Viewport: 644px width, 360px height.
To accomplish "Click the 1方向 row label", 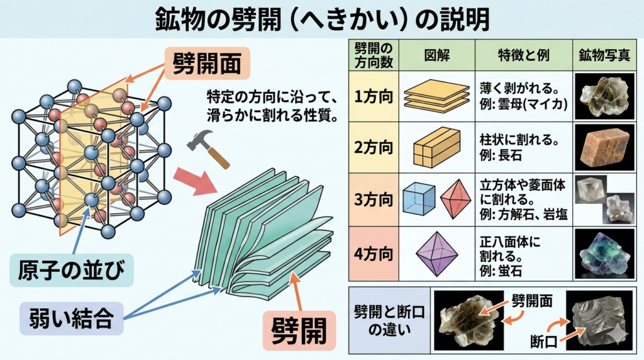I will coord(373,97).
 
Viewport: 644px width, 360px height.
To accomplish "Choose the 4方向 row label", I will coord(373,254).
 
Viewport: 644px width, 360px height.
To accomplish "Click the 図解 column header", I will coord(435,55).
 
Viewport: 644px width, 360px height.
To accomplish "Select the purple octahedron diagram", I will coord(436,254).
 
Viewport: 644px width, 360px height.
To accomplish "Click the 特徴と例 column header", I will coord(523,55).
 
